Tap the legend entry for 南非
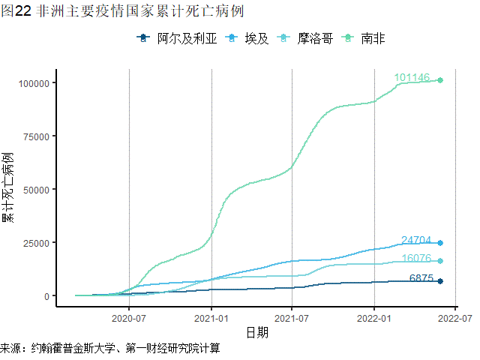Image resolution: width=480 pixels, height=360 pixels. coord(373,38)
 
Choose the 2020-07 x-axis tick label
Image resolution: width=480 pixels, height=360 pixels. coord(129,318)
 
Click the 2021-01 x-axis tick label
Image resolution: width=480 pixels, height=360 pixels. coord(211,318)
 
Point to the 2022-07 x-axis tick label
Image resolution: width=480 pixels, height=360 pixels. coord(455,318)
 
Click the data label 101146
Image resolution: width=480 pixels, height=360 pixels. coord(412,77)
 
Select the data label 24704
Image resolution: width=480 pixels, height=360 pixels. coord(416,240)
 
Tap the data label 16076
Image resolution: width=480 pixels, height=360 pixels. coord(416,259)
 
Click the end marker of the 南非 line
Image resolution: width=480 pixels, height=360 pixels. coord(440,80)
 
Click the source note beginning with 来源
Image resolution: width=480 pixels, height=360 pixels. coord(110,349)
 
